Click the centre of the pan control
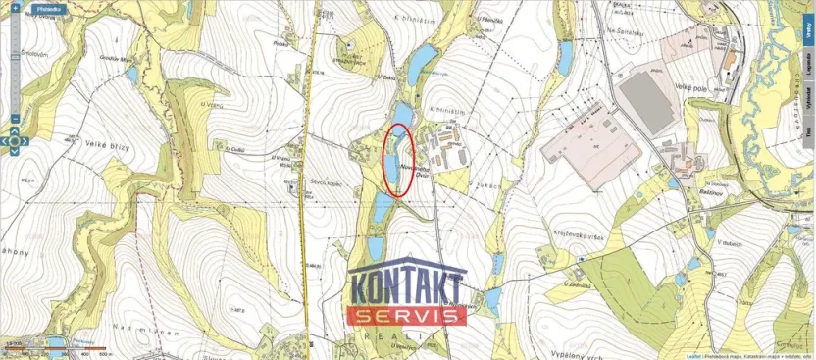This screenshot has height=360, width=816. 15,142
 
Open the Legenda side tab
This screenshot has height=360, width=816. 808,61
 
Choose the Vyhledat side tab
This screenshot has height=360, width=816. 808,100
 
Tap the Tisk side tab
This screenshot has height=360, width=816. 808,135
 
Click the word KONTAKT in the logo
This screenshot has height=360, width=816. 407,291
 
